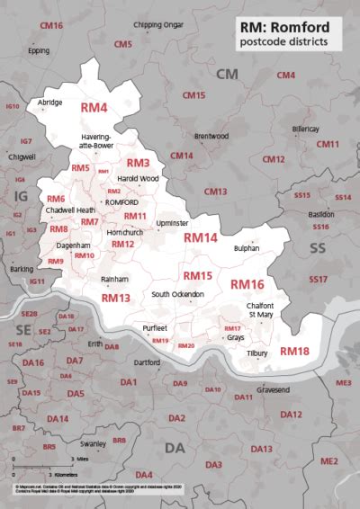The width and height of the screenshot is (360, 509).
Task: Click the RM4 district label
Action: [94, 108]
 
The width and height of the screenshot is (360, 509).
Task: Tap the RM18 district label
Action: [294, 351]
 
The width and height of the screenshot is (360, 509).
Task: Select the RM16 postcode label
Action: [247, 284]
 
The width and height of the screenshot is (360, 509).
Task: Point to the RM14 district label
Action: [201, 238]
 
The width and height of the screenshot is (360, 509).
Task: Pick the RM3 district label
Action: [138, 163]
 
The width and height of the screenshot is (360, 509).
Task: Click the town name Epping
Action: [39, 50]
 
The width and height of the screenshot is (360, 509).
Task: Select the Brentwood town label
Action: [211, 136]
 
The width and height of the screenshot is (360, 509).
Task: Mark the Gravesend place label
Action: [274, 390]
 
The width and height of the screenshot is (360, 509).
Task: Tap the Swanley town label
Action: [93, 443]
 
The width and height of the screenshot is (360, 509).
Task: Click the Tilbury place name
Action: [257, 353]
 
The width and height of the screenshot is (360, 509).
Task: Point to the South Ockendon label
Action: [177, 295]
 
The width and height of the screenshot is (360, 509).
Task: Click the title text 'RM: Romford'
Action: [291, 27]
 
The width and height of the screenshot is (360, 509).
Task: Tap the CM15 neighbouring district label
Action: [193, 94]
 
